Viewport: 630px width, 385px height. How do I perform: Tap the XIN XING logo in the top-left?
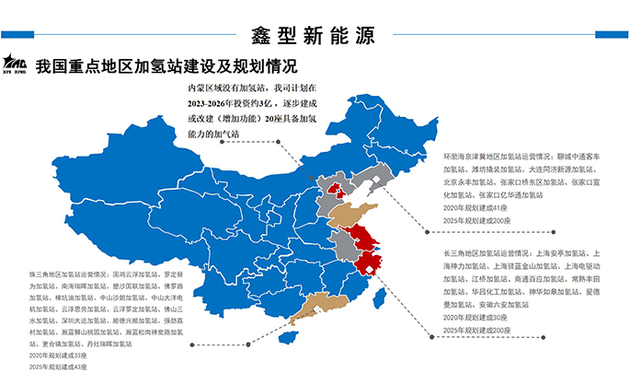click(17, 63)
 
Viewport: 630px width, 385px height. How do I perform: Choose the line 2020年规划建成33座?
click(60, 356)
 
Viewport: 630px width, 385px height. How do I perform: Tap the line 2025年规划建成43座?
click(60, 367)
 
